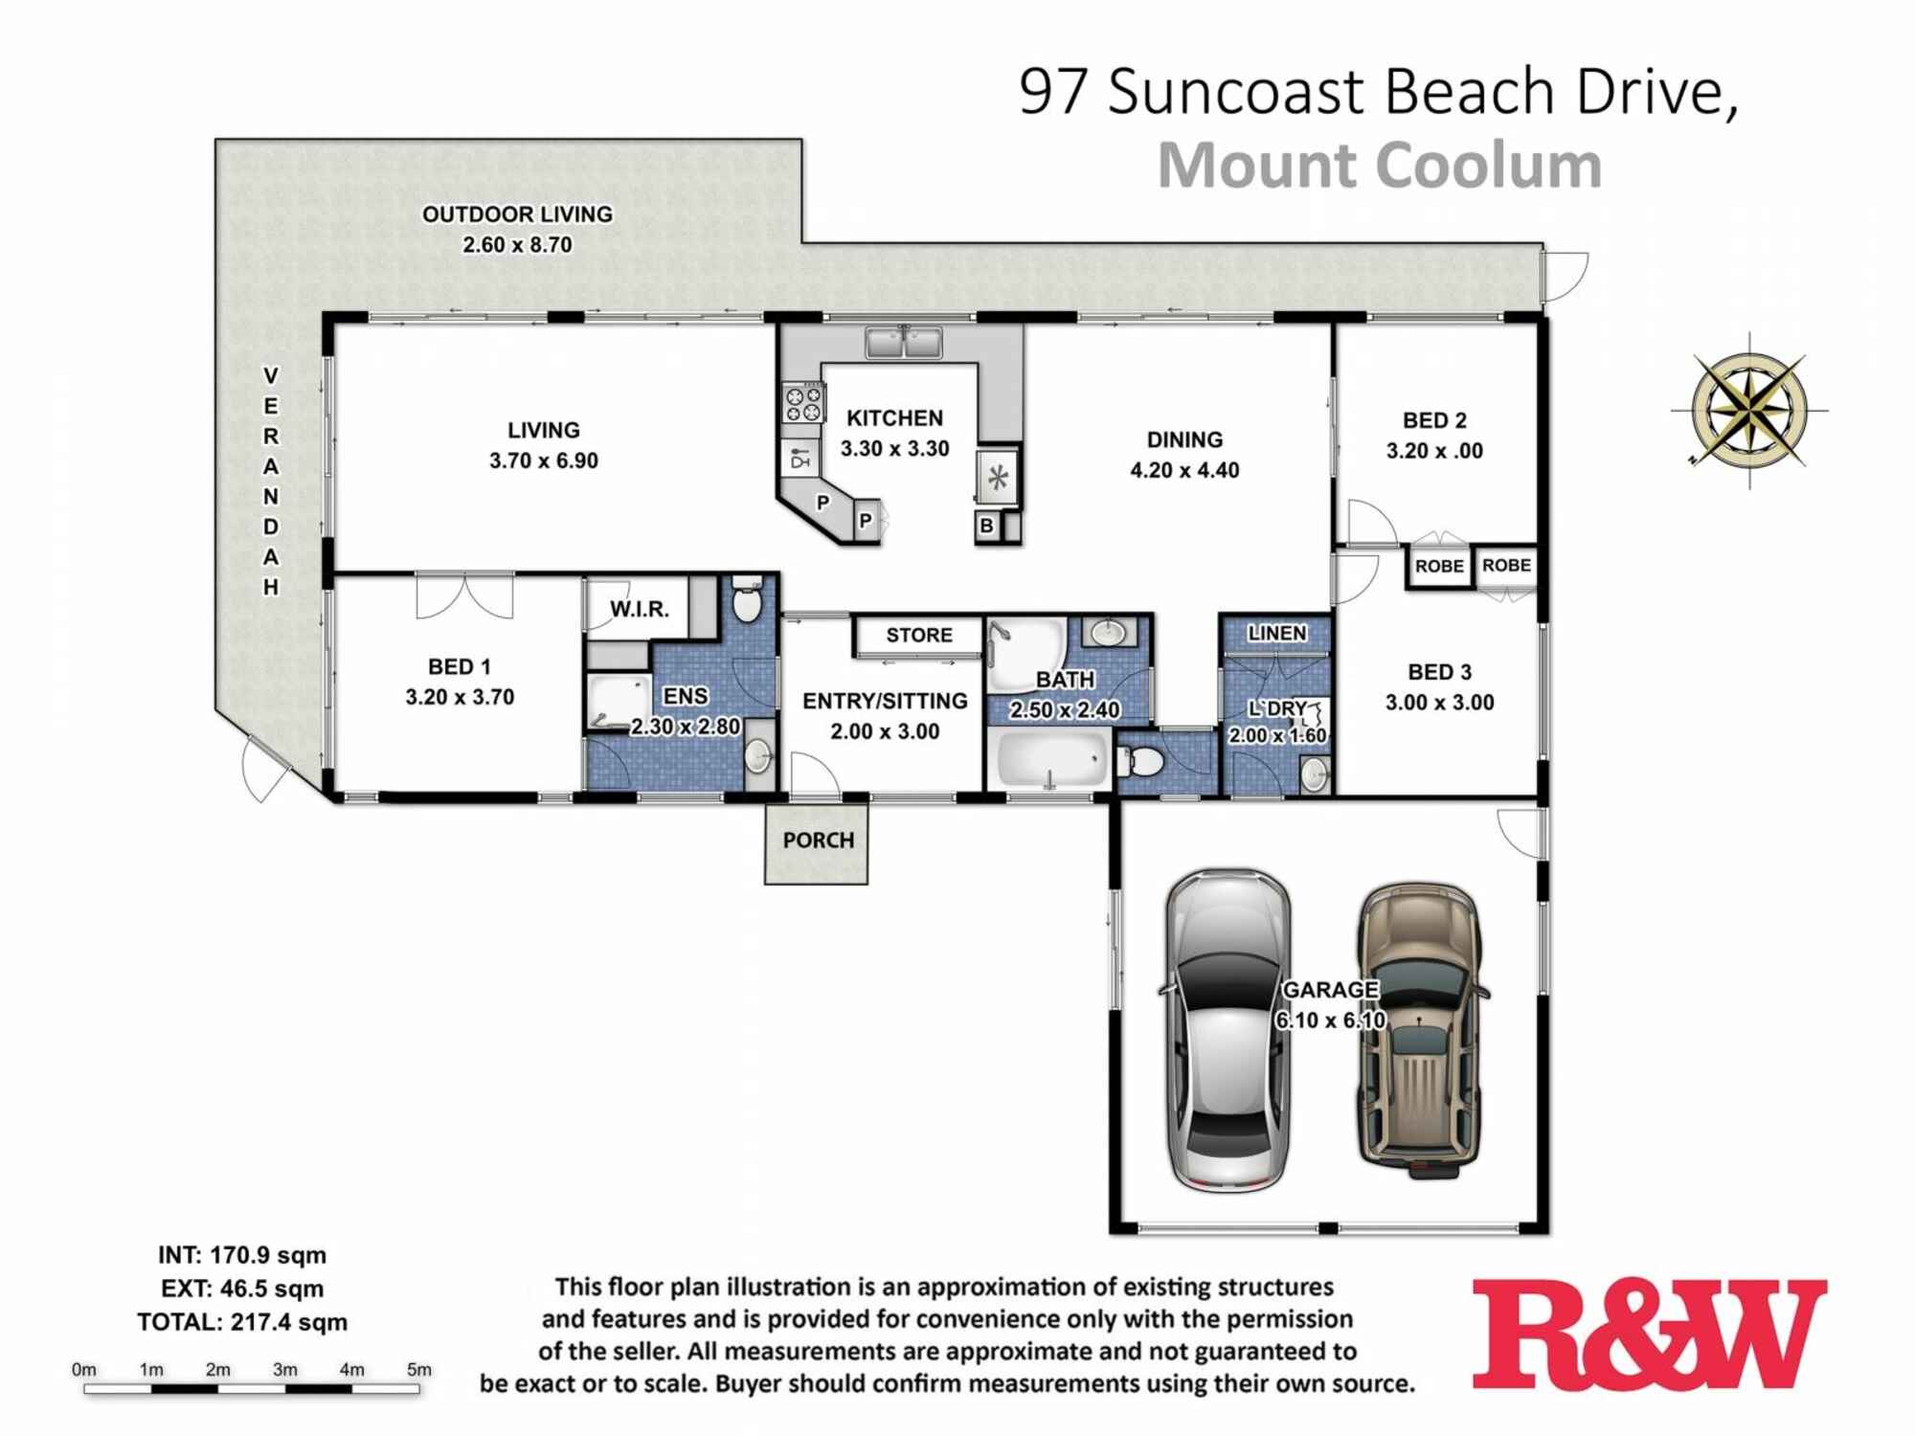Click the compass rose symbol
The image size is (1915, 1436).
point(1749,411)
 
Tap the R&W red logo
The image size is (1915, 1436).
point(1649,1335)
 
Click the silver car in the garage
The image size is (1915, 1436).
point(1228,1031)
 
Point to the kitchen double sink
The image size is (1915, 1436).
point(903,342)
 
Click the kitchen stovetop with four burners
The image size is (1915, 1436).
point(803,402)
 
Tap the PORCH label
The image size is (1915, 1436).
point(818,841)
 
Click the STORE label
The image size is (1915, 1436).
point(918,635)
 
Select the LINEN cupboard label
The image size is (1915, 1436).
point(1276,633)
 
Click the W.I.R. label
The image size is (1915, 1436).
point(639,609)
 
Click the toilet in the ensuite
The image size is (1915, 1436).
point(747,601)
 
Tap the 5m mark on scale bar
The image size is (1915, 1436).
point(418,1370)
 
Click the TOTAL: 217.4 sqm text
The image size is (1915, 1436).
point(242,1322)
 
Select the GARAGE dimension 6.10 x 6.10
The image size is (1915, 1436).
point(1330,1021)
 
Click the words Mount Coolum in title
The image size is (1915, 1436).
point(1379,167)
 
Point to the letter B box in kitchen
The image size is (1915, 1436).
point(987,526)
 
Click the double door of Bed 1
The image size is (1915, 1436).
point(464,595)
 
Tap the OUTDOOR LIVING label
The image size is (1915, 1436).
point(517,214)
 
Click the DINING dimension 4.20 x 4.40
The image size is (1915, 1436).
point(1184,470)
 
